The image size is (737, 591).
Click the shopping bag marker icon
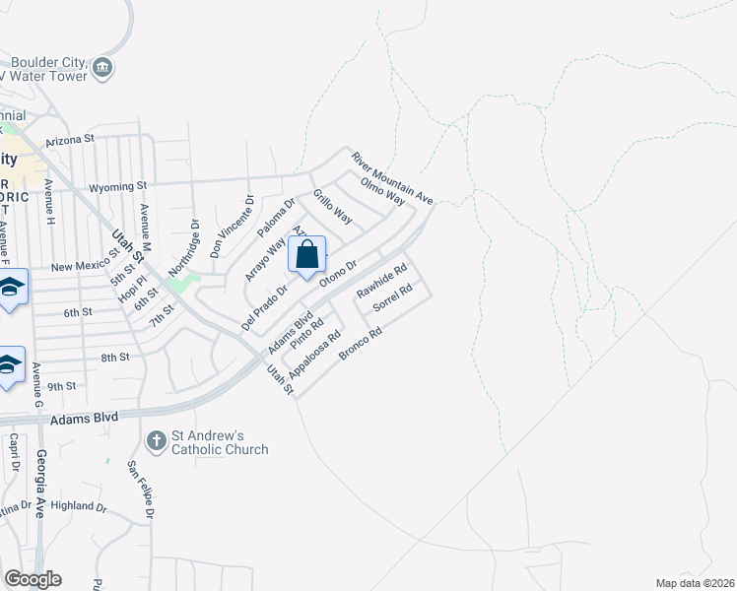(x=307, y=254)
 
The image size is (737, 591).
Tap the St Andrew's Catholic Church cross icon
(x=156, y=439)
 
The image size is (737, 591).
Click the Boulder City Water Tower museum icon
(x=103, y=68)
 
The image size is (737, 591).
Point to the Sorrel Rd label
(x=397, y=300)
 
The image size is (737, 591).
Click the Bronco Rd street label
(x=359, y=344)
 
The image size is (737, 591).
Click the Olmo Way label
(x=383, y=191)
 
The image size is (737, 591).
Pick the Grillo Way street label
(x=332, y=207)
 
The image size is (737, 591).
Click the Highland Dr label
(x=79, y=506)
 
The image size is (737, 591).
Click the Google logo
(x=33, y=579)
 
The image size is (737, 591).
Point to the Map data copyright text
(x=694, y=583)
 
